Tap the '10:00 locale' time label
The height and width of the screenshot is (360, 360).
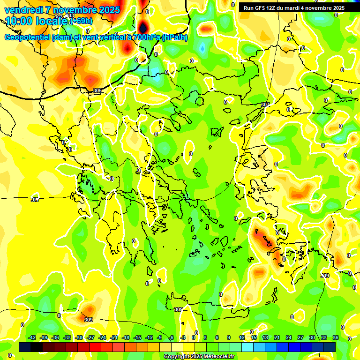pos(37,21)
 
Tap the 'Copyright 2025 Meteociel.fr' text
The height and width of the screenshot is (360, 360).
pos(199,357)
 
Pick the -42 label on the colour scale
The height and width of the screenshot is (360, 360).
pos(32,337)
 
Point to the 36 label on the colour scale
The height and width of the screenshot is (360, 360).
pos(336,337)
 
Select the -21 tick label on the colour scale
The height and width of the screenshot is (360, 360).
pos(114,337)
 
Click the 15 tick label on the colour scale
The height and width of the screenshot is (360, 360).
pos(253,337)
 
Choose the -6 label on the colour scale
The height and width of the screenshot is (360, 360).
pos(172,337)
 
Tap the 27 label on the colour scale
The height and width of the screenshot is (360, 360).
pos(300,337)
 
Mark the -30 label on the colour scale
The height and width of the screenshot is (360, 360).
pos(79,337)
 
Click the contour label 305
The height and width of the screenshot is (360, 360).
pos(97,90)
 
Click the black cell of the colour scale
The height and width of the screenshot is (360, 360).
pos(25,347)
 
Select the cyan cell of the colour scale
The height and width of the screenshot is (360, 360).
pos(259,347)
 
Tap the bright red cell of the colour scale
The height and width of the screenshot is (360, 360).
pos(95,347)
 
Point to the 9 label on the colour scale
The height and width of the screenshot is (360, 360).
pos(229,337)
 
